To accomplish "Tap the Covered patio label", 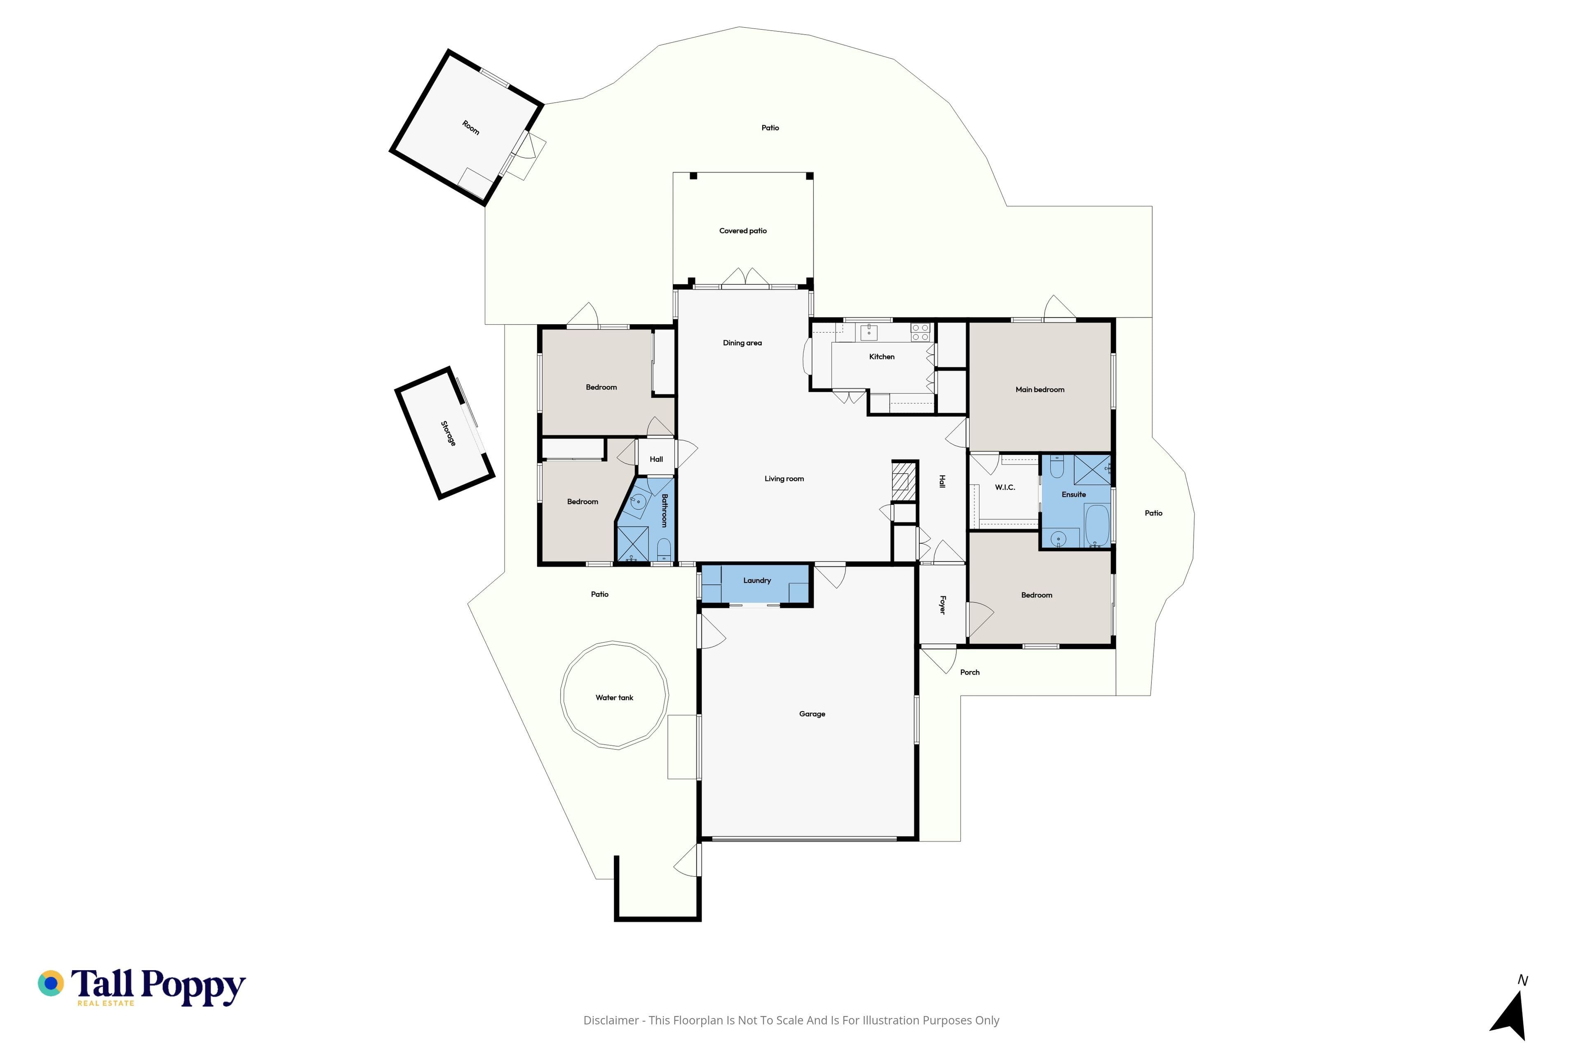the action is coord(742,231).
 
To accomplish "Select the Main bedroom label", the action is coord(1039,390).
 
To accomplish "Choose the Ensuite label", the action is coord(1073,494).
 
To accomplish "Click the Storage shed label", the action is coord(448,434).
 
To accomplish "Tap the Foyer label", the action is coord(942,605).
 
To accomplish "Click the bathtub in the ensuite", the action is coord(1097,525).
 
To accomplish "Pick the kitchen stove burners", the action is coord(920,332).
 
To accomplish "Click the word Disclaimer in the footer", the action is coord(611,1020).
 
